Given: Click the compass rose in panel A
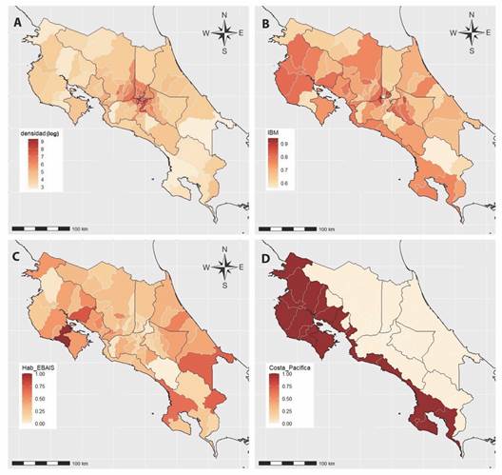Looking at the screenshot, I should pos(224,35).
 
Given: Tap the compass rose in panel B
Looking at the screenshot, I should pos(473,35).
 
